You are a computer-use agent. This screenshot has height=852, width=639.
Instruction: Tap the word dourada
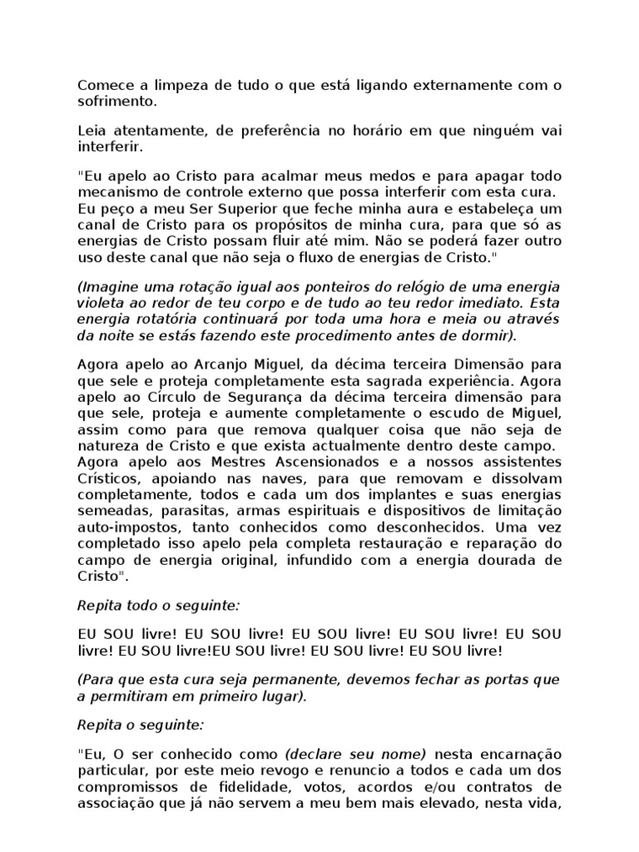[x=509, y=561]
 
